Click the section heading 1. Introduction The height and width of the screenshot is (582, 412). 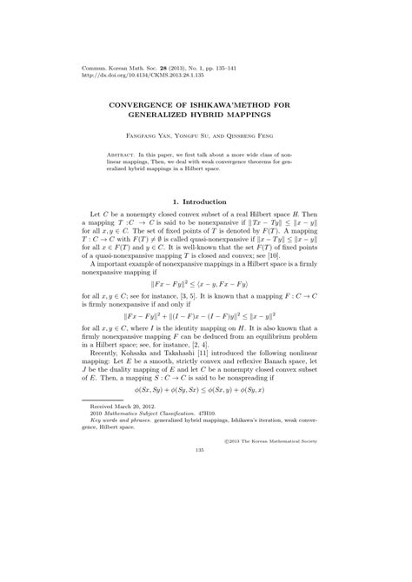coord(205,201)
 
